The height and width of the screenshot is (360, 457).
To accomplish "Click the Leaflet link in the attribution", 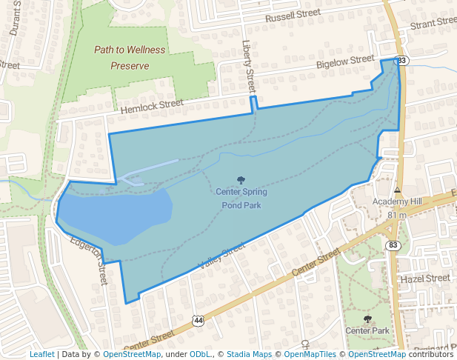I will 41,354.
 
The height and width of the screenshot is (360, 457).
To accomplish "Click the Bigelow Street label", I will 345,63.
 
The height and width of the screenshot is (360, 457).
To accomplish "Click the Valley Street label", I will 221,256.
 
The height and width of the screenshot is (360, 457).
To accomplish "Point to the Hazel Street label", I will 424,278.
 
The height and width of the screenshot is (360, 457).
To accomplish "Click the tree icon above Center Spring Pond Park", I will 240,180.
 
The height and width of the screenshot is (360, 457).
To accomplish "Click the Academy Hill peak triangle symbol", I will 397,190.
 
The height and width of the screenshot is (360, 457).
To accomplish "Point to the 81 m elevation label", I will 397,215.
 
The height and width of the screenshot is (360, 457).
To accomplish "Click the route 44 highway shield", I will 198,319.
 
